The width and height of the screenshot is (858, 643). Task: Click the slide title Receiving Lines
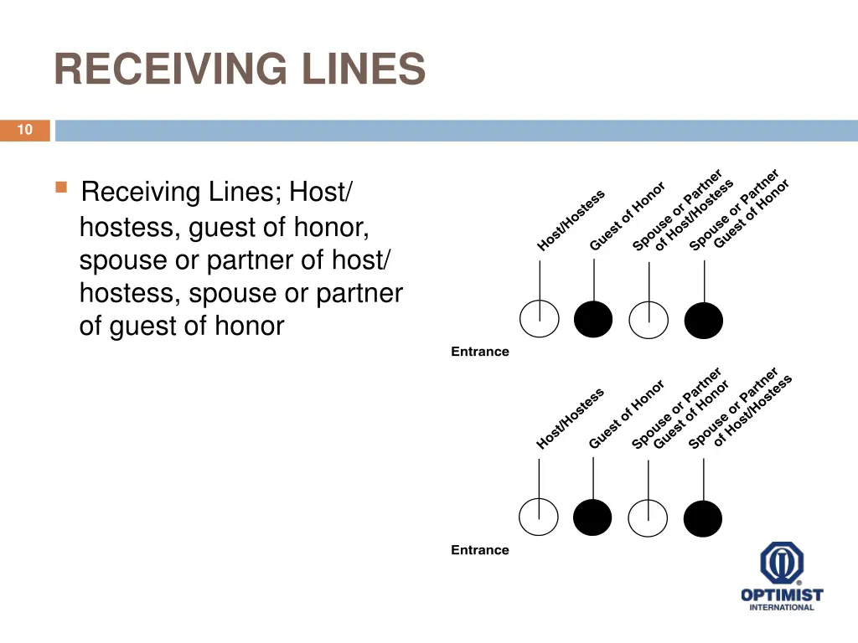pyautogui.click(x=240, y=69)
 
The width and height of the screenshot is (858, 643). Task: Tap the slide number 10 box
pyautogui.click(x=24, y=130)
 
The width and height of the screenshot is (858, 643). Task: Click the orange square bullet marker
pyautogui.click(x=60, y=188)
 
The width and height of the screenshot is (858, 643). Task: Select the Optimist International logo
pyautogui.click(x=781, y=577)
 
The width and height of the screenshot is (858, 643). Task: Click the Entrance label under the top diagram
pyautogui.click(x=480, y=352)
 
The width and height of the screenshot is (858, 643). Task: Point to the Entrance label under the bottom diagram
pyautogui.click(x=480, y=550)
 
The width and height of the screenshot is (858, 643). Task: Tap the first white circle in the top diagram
pyautogui.click(x=539, y=320)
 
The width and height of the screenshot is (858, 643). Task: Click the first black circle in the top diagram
pyautogui.click(x=593, y=320)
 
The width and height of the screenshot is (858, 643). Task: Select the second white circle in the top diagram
pyautogui.click(x=649, y=320)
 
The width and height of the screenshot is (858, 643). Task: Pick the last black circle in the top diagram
pyautogui.click(x=703, y=320)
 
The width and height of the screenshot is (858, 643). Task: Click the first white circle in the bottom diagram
pyautogui.click(x=538, y=517)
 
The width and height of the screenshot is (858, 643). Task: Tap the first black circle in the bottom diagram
pyautogui.click(x=592, y=517)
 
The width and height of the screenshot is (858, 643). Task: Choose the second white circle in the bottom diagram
pyautogui.click(x=648, y=517)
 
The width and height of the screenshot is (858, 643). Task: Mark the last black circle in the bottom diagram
pyautogui.click(x=702, y=517)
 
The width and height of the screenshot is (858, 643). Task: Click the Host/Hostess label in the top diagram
pyautogui.click(x=571, y=221)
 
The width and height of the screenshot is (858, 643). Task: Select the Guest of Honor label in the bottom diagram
pyautogui.click(x=626, y=415)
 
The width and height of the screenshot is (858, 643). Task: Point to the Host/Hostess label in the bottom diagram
pyautogui.click(x=570, y=419)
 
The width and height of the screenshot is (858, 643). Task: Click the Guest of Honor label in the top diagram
pyautogui.click(x=627, y=216)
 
